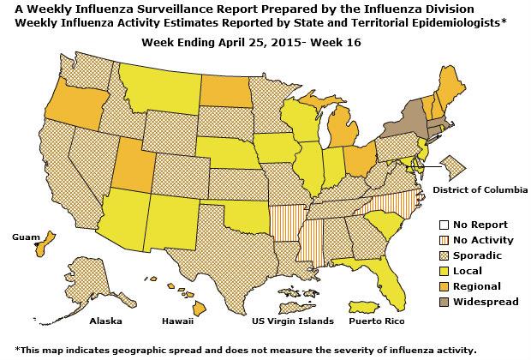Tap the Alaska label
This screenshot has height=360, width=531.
(106, 321)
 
